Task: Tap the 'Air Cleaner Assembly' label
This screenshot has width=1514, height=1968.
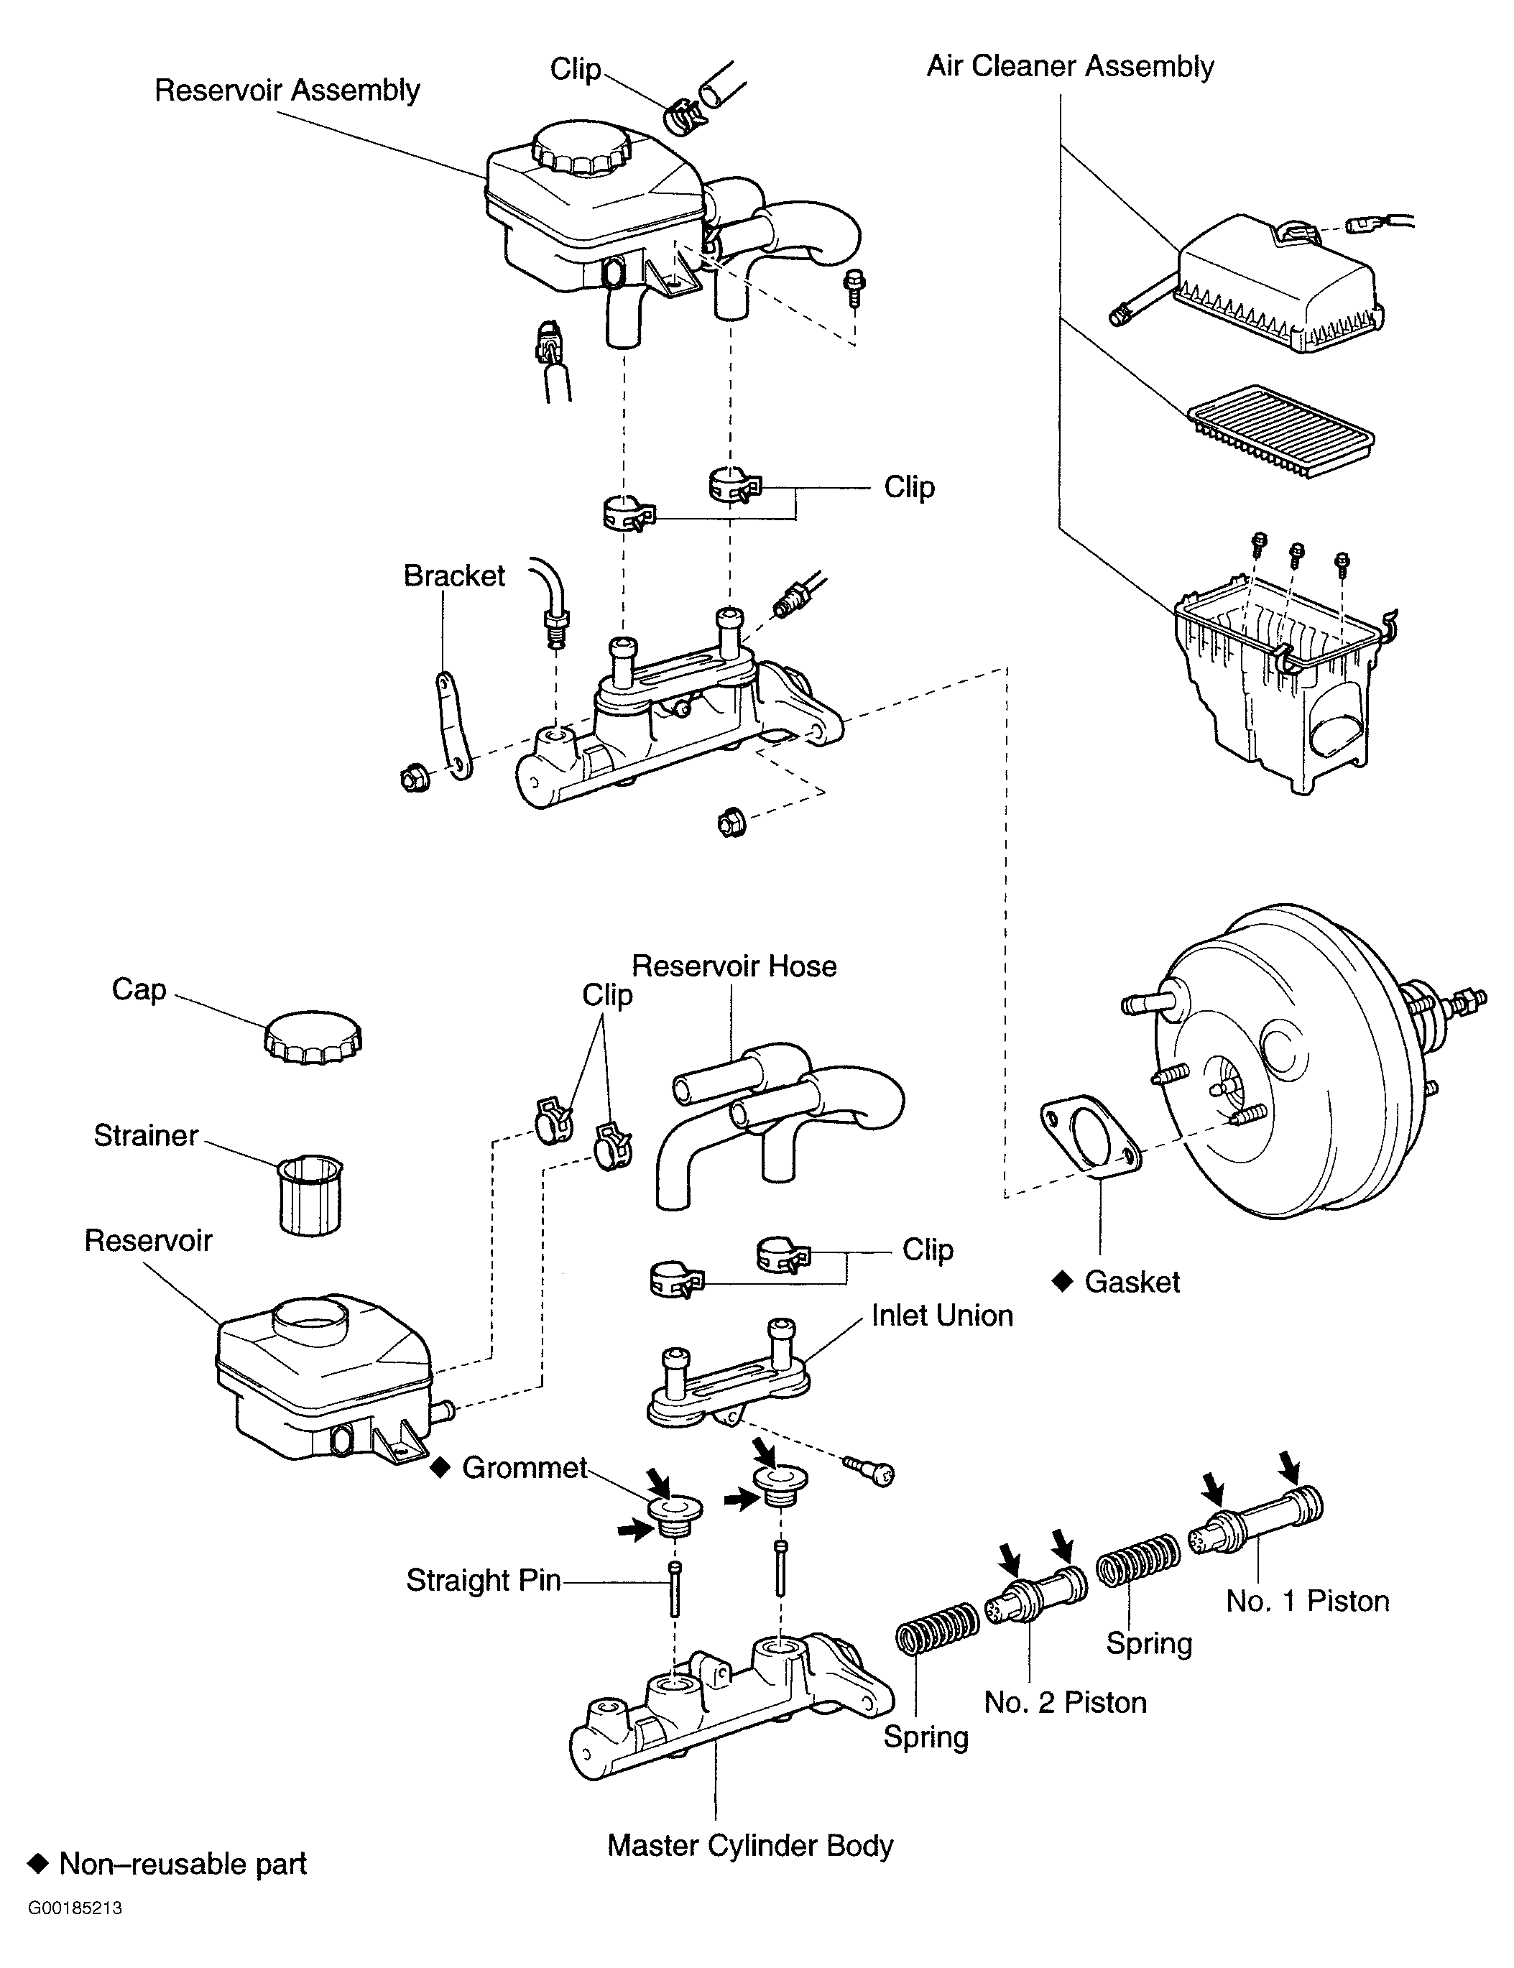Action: pos(1071,67)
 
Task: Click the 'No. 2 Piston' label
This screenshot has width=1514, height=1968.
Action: pos(1065,1702)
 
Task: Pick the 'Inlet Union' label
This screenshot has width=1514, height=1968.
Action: pos(942,1316)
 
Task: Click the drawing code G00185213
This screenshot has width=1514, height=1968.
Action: pos(75,1934)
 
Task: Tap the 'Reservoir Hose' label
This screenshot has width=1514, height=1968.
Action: pos(734,966)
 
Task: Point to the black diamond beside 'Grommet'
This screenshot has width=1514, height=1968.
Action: pos(440,1468)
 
